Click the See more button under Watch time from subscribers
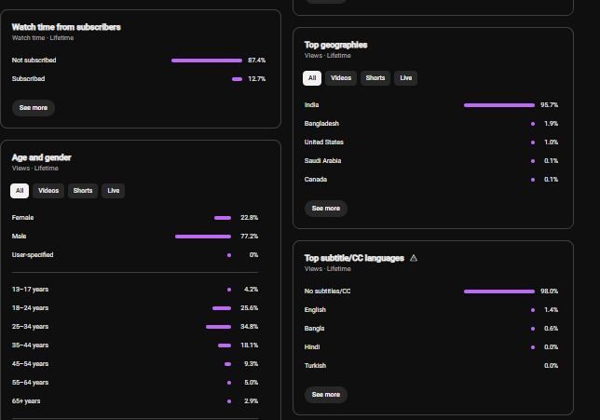point(34,108)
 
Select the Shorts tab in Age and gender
point(83,191)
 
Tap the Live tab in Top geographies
point(405,78)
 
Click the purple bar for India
point(499,105)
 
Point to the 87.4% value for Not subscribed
point(256,61)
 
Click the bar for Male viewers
point(203,237)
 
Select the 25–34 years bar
point(219,327)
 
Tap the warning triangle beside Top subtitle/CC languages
point(414,258)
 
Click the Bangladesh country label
point(321,124)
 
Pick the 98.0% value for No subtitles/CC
point(549,291)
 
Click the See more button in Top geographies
point(326,209)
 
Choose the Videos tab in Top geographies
point(341,78)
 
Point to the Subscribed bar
point(237,79)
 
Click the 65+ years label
point(26,401)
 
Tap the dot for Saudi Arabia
point(533,161)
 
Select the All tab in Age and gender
point(20,191)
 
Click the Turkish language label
point(315,366)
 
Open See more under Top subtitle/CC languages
point(326,395)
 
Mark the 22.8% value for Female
point(249,218)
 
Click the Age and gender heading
point(41,157)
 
